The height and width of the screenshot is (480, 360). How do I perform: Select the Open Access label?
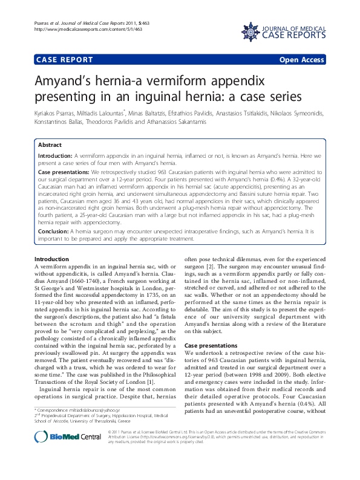[x=302, y=60]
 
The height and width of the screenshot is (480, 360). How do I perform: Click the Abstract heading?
[x=50, y=146]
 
